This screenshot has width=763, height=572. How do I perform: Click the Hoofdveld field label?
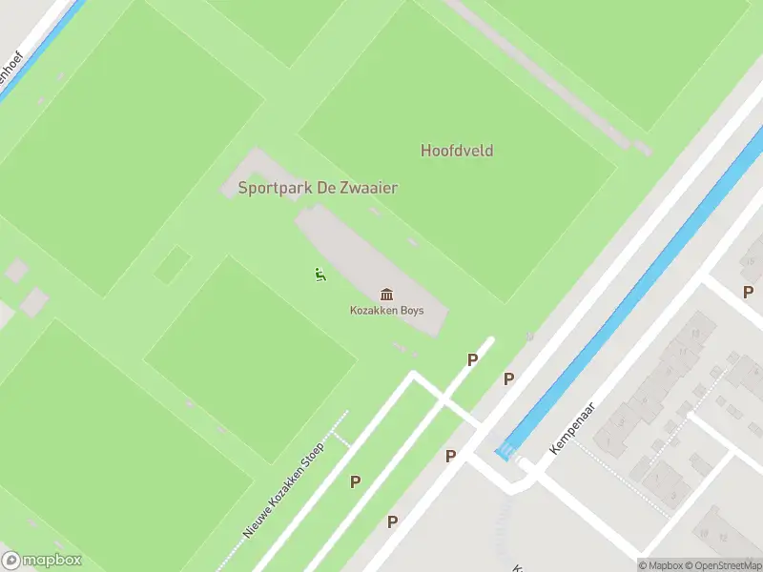457,151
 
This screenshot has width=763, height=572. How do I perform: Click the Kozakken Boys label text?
386,311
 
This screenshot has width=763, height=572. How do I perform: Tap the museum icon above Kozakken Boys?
386,294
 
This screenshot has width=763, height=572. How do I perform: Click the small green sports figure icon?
319,276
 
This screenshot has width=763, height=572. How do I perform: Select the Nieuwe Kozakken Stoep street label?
283,489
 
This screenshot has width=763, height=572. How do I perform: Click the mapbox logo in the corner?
42,561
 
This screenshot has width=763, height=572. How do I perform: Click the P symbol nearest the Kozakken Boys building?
471,359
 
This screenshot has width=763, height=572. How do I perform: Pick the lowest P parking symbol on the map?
392,521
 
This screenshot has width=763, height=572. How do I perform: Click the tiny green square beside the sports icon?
173,264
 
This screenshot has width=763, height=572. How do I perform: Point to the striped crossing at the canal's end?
504,453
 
